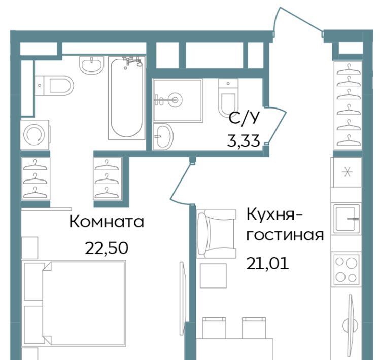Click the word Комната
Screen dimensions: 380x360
coord(107,222)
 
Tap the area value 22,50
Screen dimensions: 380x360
coord(107,248)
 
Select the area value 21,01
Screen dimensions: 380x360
coord(267,263)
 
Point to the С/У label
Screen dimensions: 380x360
coord(244,118)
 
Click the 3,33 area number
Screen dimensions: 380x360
coord(244,141)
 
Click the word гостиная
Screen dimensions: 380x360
coord(285,235)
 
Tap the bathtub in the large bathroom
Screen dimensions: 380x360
coord(126,98)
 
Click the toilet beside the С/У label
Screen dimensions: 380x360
coord(227,97)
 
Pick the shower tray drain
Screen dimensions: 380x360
coord(175,100)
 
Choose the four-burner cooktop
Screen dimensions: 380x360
coord(346,269)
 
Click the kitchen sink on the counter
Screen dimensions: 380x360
coord(347,219)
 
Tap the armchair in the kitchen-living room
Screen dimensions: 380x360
coord(216,234)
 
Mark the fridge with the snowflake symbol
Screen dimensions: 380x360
coord(347,172)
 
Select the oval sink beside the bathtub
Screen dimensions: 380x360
coord(92,65)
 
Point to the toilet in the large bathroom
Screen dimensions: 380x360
coord(54,86)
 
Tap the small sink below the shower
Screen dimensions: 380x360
coord(163,136)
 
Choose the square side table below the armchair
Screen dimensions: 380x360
coord(213,275)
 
